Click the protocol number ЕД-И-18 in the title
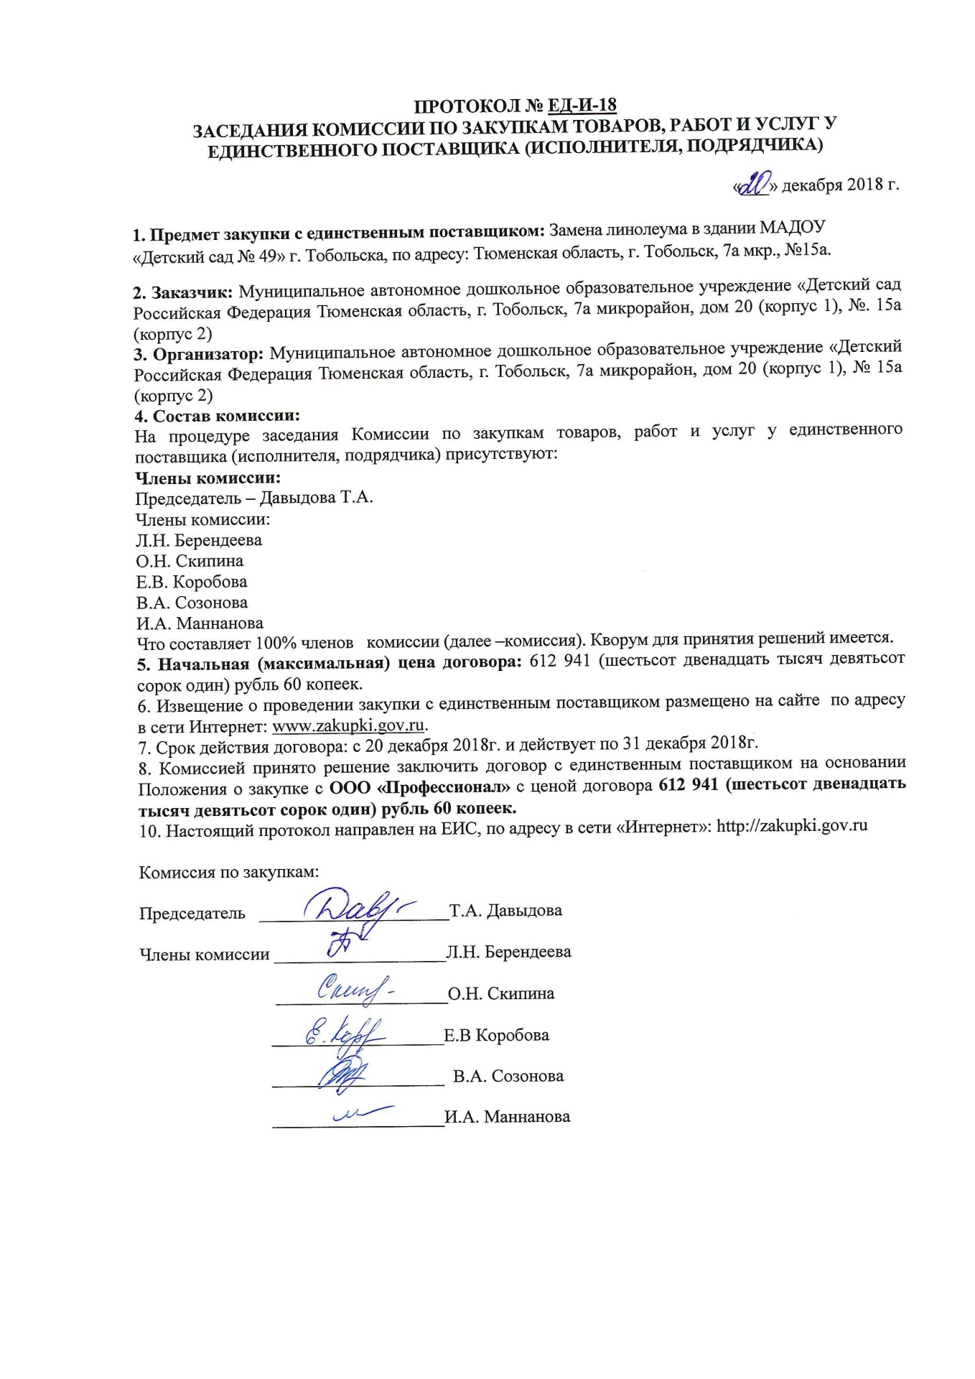point(582,106)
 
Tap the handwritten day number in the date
point(752,185)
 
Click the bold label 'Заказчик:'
point(192,293)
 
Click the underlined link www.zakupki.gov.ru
point(349,725)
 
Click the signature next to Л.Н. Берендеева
point(338,944)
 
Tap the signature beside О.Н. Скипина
point(353,990)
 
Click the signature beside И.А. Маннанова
point(361,1113)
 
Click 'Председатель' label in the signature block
point(192,914)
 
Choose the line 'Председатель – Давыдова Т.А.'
point(254,498)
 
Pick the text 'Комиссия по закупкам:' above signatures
point(228,873)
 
